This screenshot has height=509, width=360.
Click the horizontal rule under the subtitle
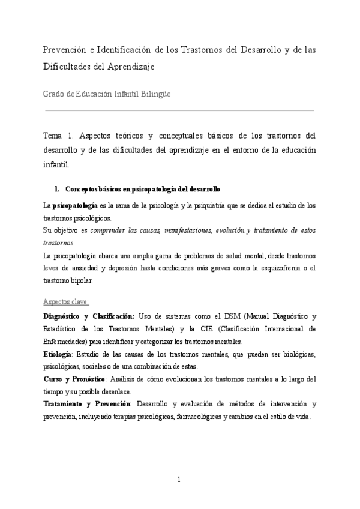click(179, 110)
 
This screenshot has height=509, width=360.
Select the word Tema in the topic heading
click(55, 136)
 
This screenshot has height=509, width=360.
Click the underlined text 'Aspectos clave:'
click(67, 301)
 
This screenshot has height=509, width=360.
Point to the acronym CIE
click(206, 329)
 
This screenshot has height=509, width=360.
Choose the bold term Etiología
click(58, 354)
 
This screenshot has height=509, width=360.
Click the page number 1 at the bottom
click(179, 479)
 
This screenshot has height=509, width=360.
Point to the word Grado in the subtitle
click(54, 94)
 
